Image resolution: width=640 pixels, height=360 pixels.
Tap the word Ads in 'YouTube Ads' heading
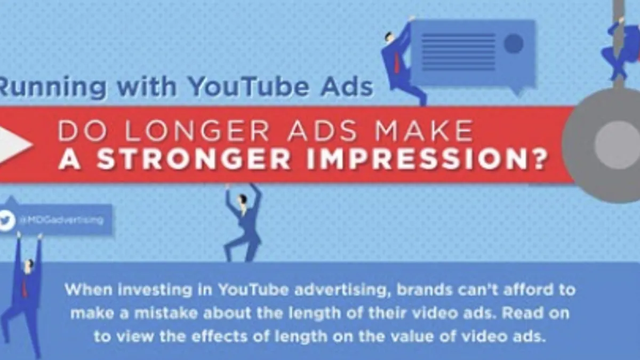point(347,86)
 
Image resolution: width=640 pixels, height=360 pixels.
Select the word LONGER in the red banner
point(197,131)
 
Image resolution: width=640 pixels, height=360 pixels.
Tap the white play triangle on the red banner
point(14,145)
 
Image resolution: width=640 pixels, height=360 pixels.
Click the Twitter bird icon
point(7,220)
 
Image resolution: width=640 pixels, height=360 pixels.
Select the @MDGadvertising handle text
point(62,220)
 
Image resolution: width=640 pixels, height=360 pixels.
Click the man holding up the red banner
point(243,223)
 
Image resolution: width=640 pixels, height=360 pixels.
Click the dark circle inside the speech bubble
point(514,43)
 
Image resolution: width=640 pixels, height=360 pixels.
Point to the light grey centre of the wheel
point(617,145)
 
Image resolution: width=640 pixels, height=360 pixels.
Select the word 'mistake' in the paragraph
point(166,313)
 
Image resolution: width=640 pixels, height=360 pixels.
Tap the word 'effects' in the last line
point(219,337)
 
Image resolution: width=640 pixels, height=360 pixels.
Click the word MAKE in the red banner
point(424,131)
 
